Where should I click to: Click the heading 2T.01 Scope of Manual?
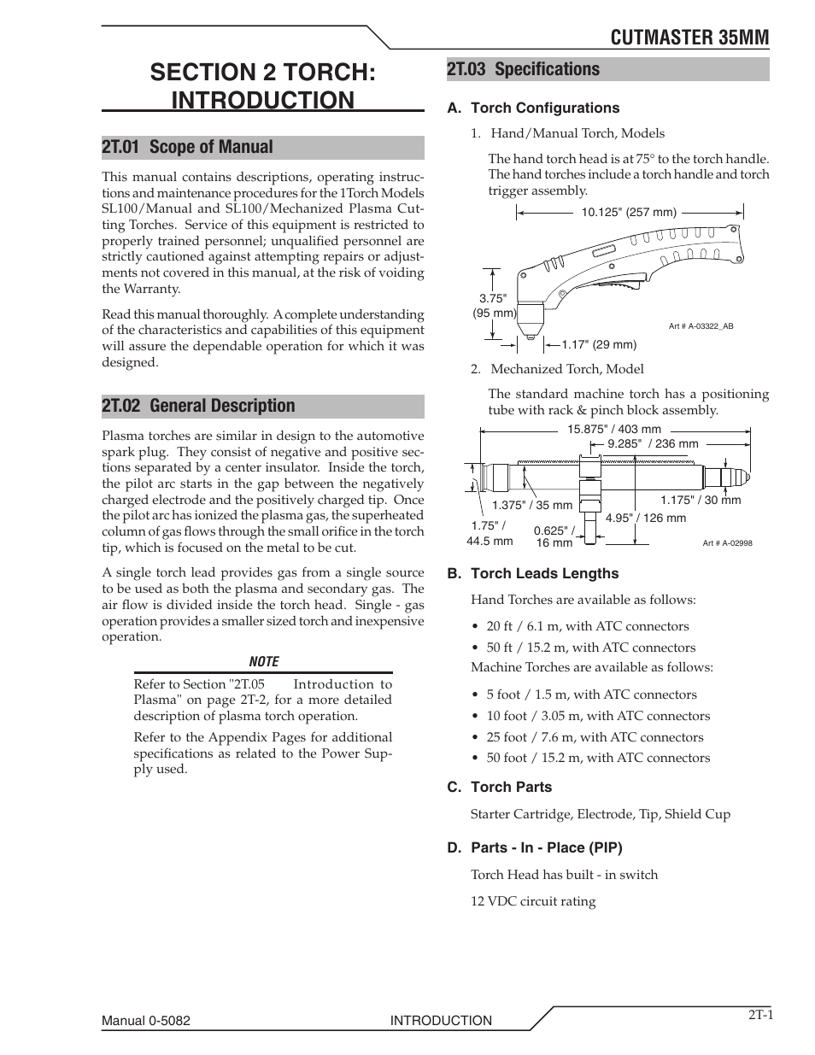coord(187,147)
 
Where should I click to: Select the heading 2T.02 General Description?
coord(198,406)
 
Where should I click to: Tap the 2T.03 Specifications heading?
coord(523,69)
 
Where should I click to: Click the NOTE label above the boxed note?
coord(263,661)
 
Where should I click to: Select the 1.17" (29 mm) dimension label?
coord(599,344)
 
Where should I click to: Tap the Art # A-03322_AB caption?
coord(701,326)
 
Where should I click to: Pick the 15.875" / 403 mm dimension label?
coord(614,430)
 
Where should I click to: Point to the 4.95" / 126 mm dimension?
coord(645,518)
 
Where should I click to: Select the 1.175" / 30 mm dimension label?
coord(701,500)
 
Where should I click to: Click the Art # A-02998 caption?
coord(727,542)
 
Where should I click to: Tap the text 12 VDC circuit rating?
coord(533,901)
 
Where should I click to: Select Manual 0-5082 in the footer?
coord(151,1021)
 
